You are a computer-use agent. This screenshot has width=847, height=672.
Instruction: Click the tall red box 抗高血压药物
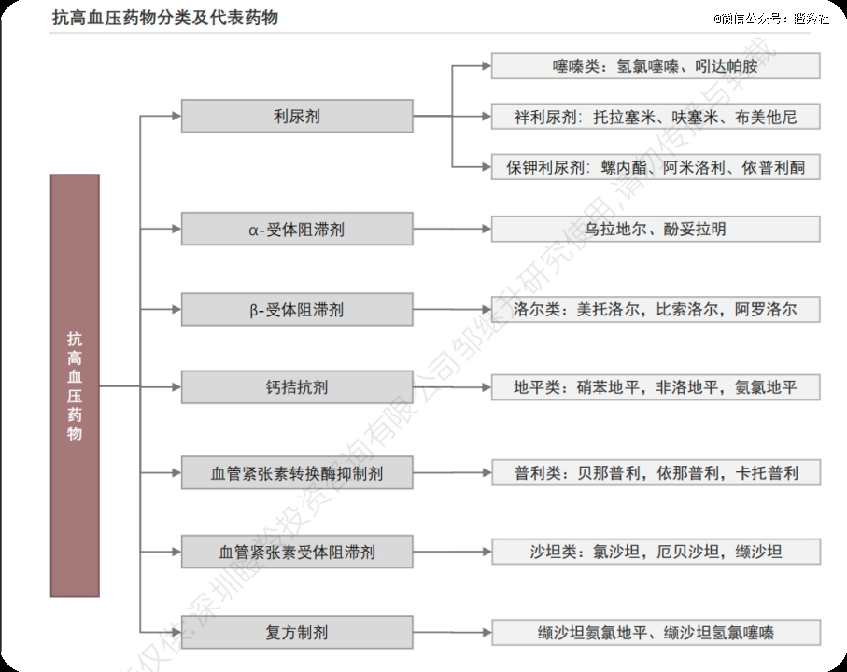click(x=75, y=385)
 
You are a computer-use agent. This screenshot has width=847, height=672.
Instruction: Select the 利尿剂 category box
click(x=296, y=117)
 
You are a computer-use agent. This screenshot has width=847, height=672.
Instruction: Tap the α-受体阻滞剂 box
click(x=296, y=229)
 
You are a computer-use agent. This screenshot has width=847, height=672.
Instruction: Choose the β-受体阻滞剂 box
click(x=296, y=309)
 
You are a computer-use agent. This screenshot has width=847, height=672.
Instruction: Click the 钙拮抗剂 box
click(x=296, y=386)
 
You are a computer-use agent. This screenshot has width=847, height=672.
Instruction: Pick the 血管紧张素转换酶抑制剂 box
click(x=296, y=473)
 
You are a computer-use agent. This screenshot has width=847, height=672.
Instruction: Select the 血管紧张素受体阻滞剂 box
click(x=296, y=552)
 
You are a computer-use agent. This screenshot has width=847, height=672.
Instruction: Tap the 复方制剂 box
click(x=296, y=632)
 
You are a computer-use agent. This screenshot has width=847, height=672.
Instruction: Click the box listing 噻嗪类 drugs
click(x=656, y=66)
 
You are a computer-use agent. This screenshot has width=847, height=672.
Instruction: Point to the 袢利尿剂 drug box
click(x=656, y=117)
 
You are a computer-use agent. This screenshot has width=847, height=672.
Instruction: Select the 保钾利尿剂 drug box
click(x=656, y=167)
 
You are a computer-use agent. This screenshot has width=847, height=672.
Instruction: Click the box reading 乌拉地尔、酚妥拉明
click(x=656, y=229)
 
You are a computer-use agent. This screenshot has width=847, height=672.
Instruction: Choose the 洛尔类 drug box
click(x=656, y=309)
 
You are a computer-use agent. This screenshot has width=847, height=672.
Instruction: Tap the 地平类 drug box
click(x=656, y=386)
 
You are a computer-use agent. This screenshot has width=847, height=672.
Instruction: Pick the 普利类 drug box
click(x=656, y=473)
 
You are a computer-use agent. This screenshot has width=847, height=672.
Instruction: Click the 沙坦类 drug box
click(x=656, y=552)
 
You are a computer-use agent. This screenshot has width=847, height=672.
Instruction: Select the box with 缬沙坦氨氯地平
click(x=656, y=632)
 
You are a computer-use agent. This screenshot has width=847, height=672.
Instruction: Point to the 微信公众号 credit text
click(x=771, y=19)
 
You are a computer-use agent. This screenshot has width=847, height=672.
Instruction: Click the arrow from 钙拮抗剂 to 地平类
click(x=452, y=386)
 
